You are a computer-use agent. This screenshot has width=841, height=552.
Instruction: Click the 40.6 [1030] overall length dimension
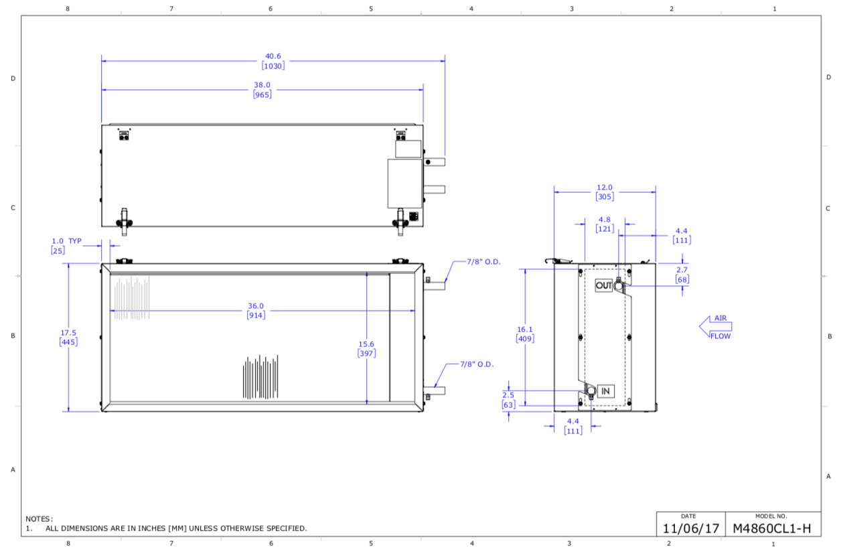[273, 61]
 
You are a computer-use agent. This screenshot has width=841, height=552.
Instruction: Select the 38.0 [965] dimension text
[262, 90]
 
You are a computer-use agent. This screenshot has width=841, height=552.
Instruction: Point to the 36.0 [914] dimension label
[256, 310]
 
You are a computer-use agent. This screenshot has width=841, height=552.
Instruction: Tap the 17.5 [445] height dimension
[68, 337]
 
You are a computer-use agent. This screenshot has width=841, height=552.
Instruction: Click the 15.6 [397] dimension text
[366, 348]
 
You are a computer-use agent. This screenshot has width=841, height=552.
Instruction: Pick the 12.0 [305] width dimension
[605, 192]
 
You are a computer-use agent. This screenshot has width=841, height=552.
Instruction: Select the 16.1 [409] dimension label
[524, 334]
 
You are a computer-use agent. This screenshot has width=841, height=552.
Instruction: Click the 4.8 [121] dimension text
[605, 224]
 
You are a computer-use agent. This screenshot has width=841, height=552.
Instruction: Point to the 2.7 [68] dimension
[682, 274]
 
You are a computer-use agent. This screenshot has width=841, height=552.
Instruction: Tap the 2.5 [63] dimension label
[508, 400]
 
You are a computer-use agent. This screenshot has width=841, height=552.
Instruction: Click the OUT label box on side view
[604, 285]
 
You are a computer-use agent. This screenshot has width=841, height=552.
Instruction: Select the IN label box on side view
[605, 391]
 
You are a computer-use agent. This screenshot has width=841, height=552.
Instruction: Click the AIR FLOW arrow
[716, 327]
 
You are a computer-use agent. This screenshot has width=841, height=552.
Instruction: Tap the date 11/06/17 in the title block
[690, 528]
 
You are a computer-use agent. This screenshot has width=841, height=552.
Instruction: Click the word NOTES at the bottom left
[39, 519]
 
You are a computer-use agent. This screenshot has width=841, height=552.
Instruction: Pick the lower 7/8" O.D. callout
[477, 364]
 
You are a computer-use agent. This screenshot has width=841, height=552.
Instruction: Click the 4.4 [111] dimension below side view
[573, 425]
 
